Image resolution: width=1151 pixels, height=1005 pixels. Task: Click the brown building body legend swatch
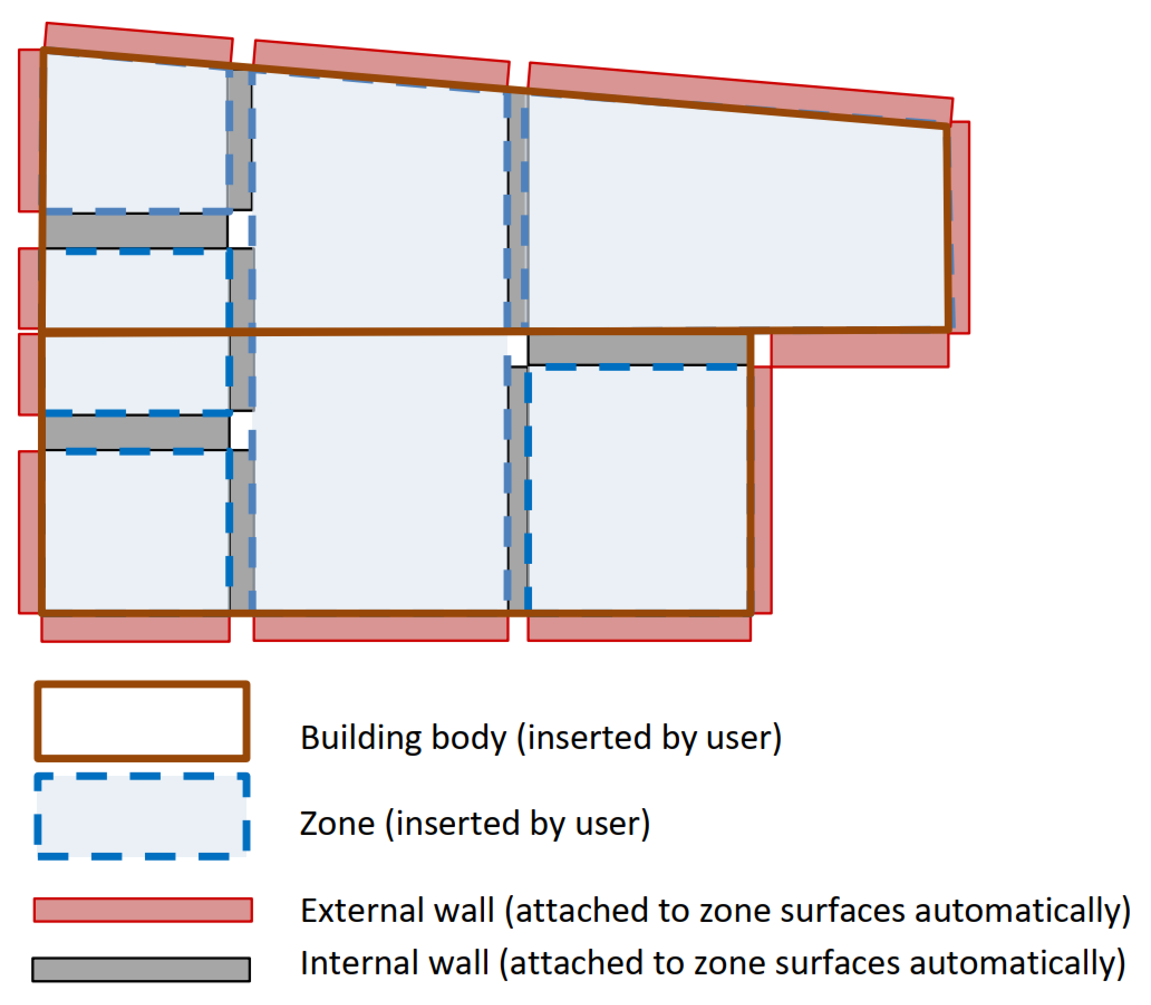click(x=142, y=721)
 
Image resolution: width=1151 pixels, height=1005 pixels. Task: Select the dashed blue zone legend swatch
click(x=142, y=816)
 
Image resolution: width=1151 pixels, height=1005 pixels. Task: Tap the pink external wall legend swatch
click(x=143, y=910)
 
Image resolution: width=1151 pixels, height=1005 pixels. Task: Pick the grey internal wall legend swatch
click(x=141, y=970)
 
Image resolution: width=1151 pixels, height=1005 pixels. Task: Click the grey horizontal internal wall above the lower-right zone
click(x=637, y=349)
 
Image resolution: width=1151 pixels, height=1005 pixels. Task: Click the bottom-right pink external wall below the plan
click(x=639, y=629)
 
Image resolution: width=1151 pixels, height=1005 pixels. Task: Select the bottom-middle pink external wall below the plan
click(x=381, y=629)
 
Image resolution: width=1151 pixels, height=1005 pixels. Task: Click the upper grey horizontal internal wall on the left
click(x=135, y=230)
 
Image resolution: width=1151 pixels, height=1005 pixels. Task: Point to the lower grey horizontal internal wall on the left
click(x=136, y=432)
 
